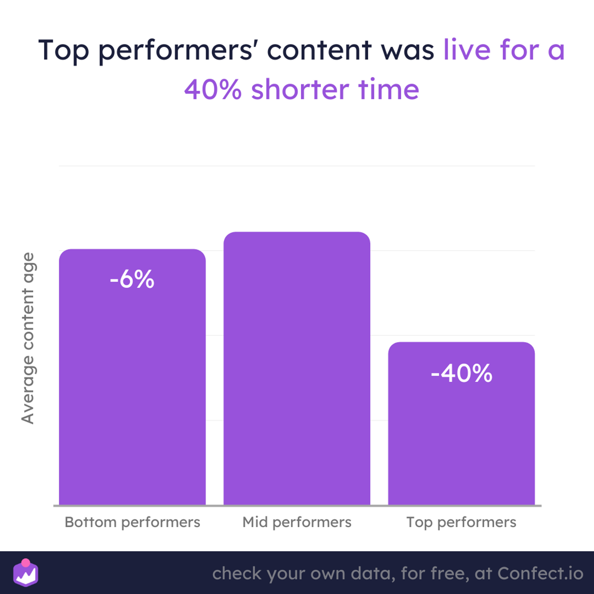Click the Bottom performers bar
coord(132,377)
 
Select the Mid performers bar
coord(297,368)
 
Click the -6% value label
coord(132,279)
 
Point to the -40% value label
coord(462,373)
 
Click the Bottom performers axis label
coord(132,522)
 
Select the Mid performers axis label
coord(297,522)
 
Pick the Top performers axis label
coord(462,522)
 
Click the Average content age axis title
coord(28,339)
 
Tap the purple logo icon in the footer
coord(26,573)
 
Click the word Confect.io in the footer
coord(540,574)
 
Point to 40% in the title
coord(213,89)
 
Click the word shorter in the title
coord(300,89)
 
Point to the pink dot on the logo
coord(26,563)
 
